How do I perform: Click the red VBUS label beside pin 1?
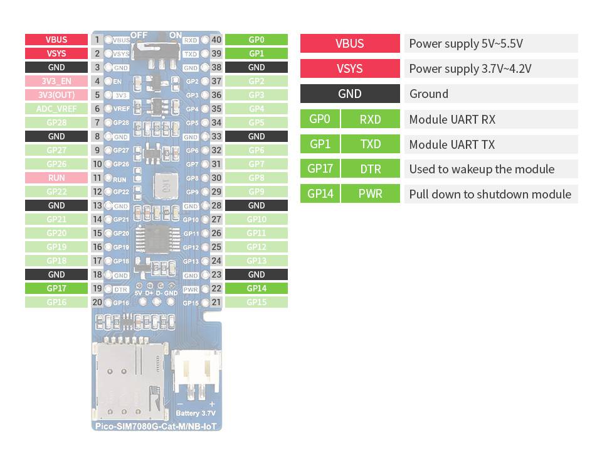click(56, 40)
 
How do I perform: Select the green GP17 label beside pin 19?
click(56, 288)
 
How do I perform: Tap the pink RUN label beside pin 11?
click(56, 178)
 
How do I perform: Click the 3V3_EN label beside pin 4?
click(56, 81)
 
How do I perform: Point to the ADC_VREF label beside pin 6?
click(56, 109)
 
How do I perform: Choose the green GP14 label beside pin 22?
click(256, 288)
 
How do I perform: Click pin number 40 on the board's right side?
click(216, 40)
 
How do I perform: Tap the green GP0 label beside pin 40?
click(256, 40)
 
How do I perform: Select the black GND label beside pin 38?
click(256, 67)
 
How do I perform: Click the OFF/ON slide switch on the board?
click(157, 47)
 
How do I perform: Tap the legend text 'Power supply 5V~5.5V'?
click(466, 43)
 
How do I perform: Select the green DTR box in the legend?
click(370, 169)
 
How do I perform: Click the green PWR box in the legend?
click(370, 193)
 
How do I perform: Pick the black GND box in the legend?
click(349, 94)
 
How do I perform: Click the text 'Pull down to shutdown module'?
click(490, 193)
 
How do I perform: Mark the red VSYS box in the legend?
click(349, 68)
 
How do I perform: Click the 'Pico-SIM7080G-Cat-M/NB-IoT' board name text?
click(157, 427)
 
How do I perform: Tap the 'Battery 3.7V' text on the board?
click(196, 413)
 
